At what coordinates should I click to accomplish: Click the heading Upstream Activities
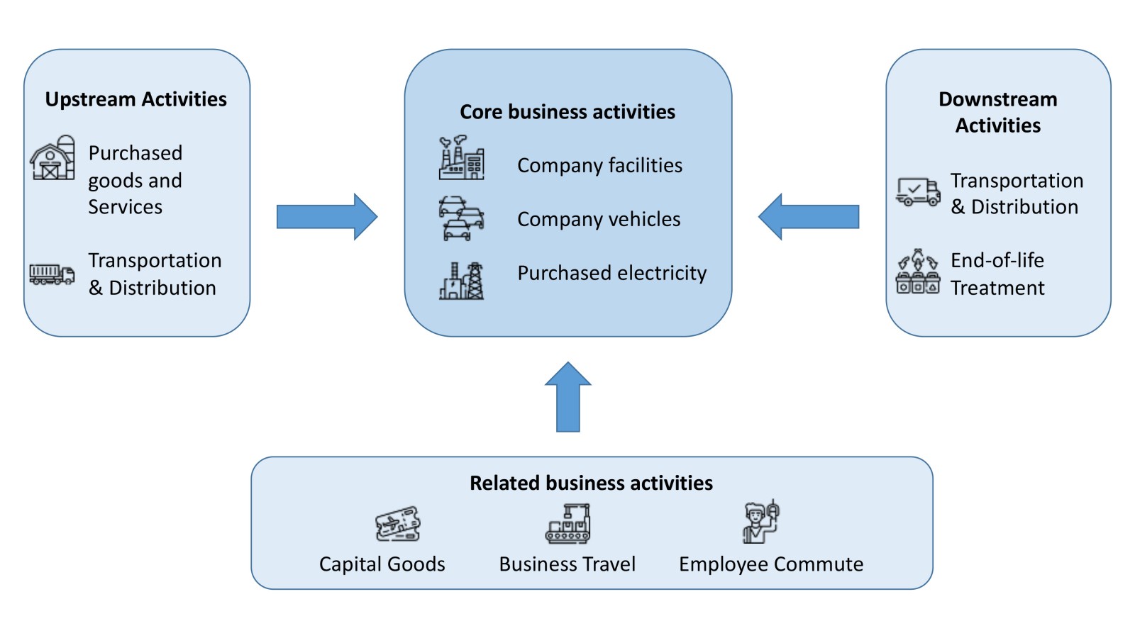[135, 99]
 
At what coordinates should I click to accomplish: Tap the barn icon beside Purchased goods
[52, 157]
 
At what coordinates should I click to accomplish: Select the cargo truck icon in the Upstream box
[52, 274]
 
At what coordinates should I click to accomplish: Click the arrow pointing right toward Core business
[326, 216]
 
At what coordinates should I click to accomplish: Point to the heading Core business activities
[567, 112]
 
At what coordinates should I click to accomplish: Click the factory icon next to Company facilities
[461, 158]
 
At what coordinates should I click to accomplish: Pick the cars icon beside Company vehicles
[461, 218]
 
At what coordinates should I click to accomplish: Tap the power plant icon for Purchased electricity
[462, 281]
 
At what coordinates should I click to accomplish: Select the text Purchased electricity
[611, 273]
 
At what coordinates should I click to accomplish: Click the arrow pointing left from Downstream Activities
[809, 216]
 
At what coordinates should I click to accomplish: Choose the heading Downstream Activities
[997, 112]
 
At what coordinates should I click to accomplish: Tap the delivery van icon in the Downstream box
[918, 191]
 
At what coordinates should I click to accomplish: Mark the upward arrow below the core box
[568, 397]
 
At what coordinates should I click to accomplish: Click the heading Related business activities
[591, 483]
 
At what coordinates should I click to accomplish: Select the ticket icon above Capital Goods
[397, 525]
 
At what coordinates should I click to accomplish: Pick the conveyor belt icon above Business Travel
[567, 524]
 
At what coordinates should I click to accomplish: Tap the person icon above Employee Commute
[760, 522]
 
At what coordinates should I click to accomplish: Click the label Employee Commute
[771, 564]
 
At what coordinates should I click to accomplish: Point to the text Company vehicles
[599, 220]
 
